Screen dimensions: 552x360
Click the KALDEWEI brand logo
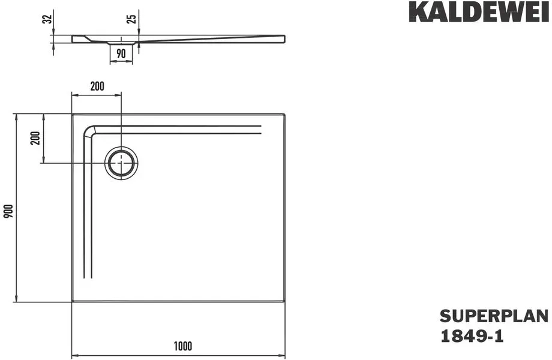point(479,13)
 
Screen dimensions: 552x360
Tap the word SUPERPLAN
point(494,316)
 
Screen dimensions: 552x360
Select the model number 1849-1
point(472,337)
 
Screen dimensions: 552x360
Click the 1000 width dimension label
point(183,346)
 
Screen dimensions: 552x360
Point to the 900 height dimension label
point(8,211)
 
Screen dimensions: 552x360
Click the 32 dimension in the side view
point(47,19)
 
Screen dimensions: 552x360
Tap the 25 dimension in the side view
point(131,19)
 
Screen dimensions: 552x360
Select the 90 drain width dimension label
point(121,53)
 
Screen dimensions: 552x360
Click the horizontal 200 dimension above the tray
point(97,86)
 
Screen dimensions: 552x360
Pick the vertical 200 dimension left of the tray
point(35,138)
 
